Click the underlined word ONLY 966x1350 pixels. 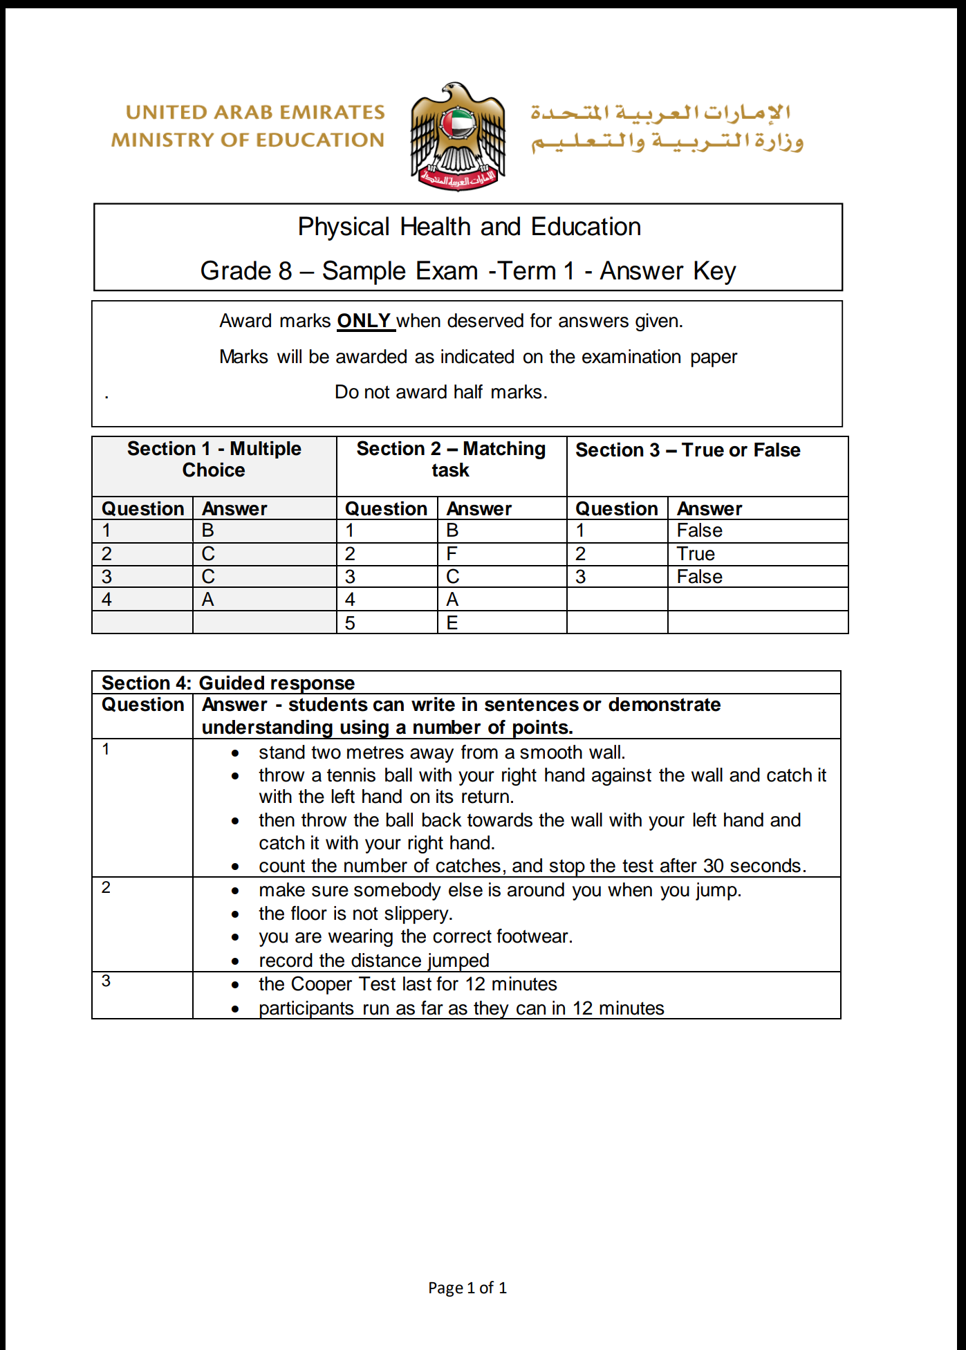(364, 321)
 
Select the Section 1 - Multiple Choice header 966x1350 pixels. (214, 459)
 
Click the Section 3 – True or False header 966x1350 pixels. (687, 450)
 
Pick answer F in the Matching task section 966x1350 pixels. (452, 554)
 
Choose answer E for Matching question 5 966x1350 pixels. (452, 623)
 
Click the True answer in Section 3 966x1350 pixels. (696, 554)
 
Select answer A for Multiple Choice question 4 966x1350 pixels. (208, 600)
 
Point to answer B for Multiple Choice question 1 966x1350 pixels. (208, 530)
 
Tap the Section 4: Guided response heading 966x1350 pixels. (228, 683)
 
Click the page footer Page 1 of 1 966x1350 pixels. (467, 1288)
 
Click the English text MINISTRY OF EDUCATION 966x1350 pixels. (248, 140)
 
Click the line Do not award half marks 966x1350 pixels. (441, 392)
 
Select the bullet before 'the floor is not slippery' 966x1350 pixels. (236, 915)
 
